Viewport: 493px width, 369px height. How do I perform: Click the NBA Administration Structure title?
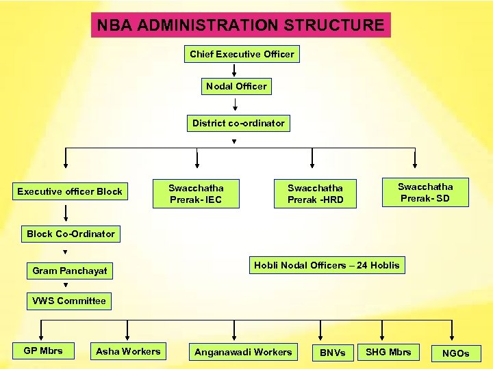click(x=240, y=25)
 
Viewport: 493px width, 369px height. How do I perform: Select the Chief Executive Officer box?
click(x=242, y=54)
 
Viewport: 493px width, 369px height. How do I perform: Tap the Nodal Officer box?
click(x=236, y=86)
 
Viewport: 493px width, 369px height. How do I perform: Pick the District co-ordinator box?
click(x=238, y=123)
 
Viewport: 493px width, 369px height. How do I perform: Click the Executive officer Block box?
click(x=70, y=191)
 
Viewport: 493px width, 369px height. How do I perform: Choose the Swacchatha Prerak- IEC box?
click(x=196, y=193)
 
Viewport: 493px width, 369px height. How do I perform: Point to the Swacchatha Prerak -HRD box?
click(x=315, y=193)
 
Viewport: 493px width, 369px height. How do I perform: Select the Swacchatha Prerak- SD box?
click(x=425, y=193)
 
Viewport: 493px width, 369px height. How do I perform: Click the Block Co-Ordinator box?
click(x=71, y=234)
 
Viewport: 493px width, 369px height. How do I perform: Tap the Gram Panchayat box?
click(x=70, y=271)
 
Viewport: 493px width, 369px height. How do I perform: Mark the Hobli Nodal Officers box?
click(x=327, y=265)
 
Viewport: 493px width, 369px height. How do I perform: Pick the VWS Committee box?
click(x=69, y=301)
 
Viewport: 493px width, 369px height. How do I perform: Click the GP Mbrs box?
click(x=43, y=351)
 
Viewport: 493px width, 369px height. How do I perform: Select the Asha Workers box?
click(x=128, y=352)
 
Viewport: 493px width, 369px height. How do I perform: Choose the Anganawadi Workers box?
click(x=243, y=353)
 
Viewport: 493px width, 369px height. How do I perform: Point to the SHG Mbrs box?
click(x=388, y=352)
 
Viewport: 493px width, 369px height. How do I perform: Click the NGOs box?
click(x=456, y=353)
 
